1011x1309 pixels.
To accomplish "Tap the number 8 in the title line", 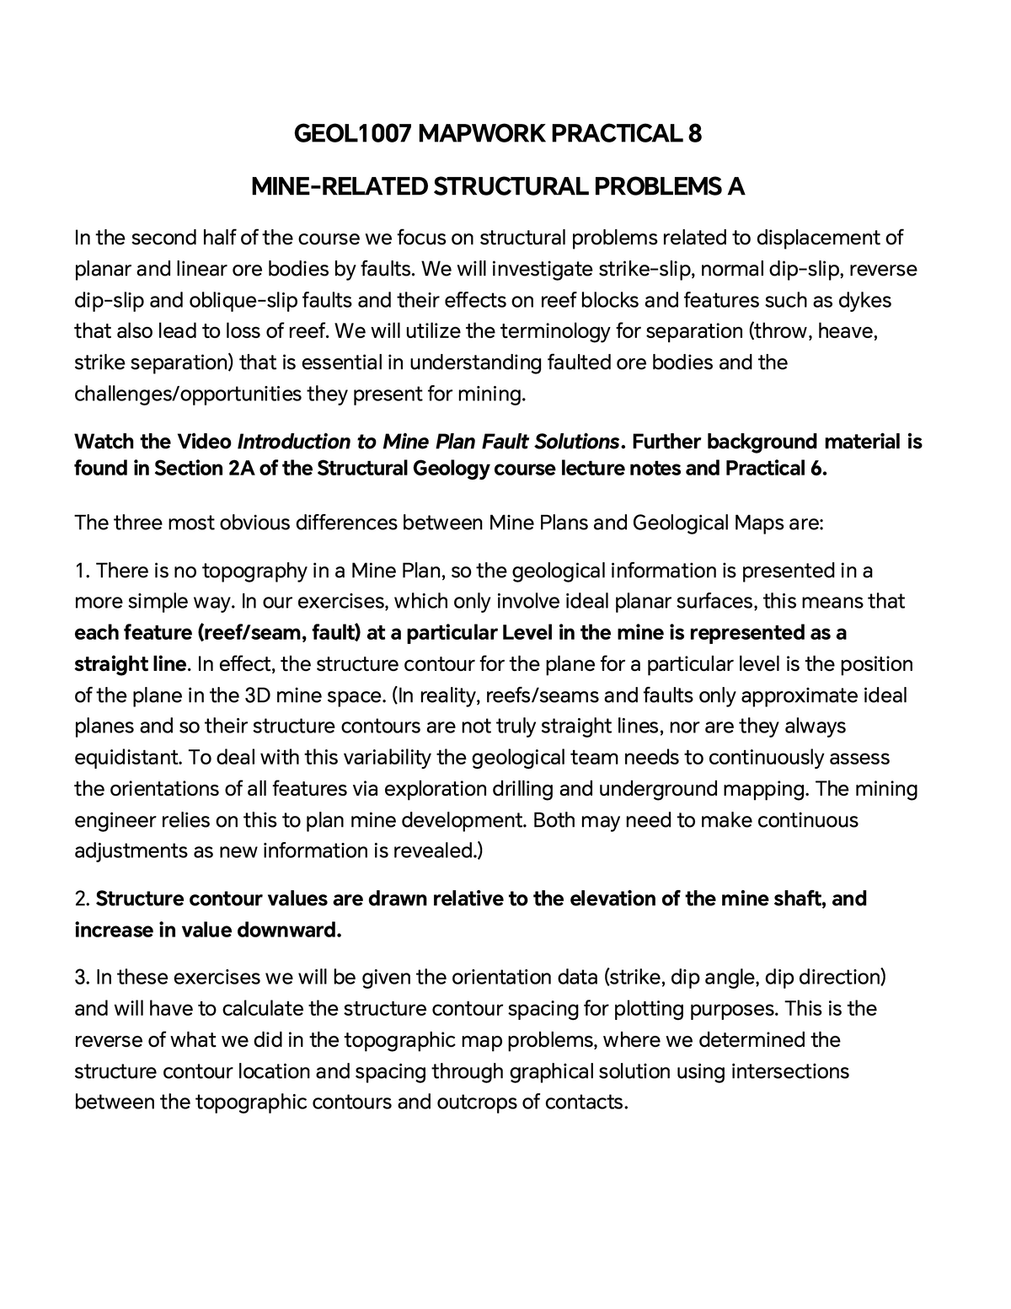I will pyautogui.click(x=695, y=134).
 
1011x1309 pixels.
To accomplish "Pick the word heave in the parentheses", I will pyautogui.click(x=853, y=332).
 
